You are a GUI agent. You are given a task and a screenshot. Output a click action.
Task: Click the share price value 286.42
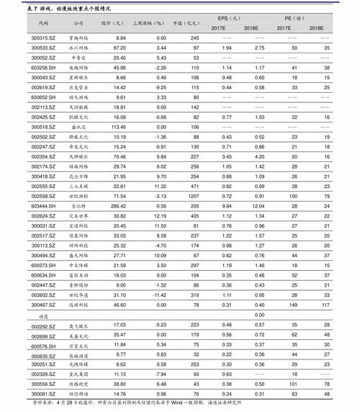point(118,206)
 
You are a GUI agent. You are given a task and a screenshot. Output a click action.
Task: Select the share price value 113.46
point(118,126)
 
